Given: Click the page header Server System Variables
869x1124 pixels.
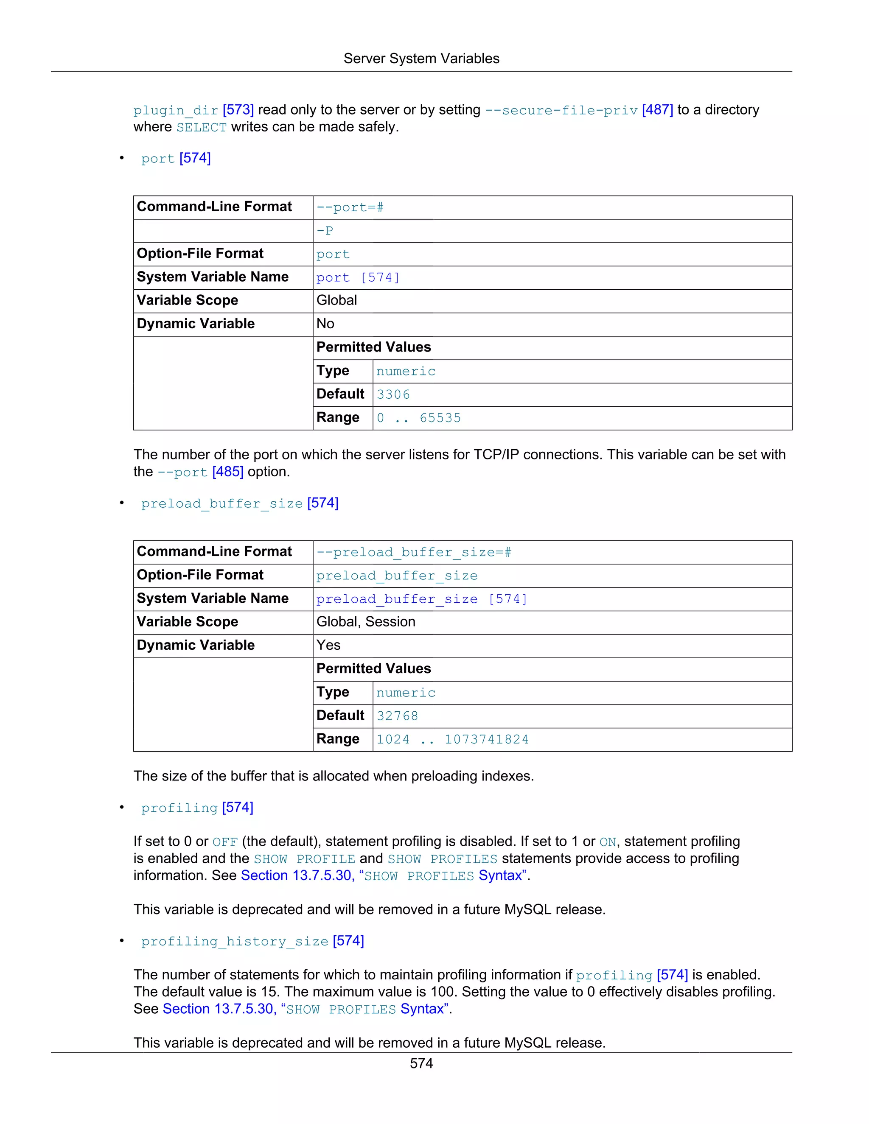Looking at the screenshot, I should (421, 59).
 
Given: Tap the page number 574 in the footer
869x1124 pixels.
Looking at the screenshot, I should (421, 1063).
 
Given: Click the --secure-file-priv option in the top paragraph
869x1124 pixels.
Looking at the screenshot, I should (561, 110).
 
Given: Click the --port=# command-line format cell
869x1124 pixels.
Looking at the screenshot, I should (350, 207).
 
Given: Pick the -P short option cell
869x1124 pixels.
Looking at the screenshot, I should (325, 231).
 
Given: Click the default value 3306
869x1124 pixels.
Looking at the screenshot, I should (393, 395).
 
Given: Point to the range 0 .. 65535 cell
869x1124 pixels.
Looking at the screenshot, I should (418, 418).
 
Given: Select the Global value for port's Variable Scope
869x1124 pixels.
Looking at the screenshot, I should (336, 301).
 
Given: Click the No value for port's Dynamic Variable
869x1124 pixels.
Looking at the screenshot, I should (325, 324).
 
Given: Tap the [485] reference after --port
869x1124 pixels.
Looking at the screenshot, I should (227, 472).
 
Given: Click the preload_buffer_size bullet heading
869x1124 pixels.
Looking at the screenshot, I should (222, 503).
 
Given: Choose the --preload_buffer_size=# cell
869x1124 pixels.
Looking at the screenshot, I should (414, 552).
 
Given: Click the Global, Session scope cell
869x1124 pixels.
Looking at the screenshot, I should (365, 622).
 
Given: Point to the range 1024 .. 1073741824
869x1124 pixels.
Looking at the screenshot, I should (452, 740).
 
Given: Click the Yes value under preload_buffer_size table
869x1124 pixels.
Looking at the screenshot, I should (328, 646).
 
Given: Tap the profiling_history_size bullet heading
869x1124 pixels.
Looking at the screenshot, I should (235, 941).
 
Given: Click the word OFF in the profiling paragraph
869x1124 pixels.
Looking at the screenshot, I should (225, 842).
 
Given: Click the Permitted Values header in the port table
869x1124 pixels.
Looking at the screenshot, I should (374, 347).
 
